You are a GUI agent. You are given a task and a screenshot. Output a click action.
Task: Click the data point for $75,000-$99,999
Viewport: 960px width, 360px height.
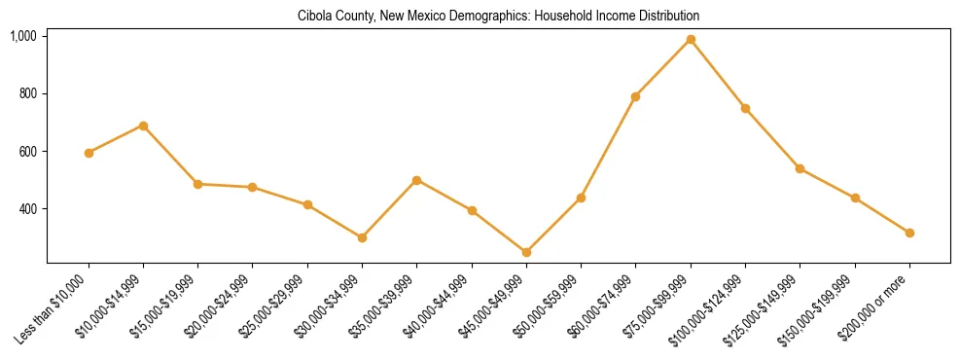coord(691,39)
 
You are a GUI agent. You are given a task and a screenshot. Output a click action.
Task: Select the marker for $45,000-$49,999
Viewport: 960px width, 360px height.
coord(526,252)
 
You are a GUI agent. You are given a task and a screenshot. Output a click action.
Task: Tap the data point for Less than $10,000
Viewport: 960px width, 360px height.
coord(89,153)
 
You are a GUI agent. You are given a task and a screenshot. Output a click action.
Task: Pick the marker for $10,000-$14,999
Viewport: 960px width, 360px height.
coord(143,126)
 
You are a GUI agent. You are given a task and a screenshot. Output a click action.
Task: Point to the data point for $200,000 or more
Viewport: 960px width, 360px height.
coord(909,233)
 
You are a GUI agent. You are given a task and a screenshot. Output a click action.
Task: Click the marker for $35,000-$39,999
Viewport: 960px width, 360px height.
coord(416,180)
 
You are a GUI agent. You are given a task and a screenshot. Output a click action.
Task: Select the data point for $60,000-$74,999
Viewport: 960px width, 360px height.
coord(635,96)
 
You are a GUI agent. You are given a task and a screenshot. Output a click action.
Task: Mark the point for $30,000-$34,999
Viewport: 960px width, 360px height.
coord(362,237)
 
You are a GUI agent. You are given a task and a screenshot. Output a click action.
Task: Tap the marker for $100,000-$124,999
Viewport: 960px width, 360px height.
coord(745,108)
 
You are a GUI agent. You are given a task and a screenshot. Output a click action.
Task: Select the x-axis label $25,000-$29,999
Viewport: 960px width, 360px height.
coord(278,304)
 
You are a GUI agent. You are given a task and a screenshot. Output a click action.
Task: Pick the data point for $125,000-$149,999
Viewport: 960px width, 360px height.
coord(800,168)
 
